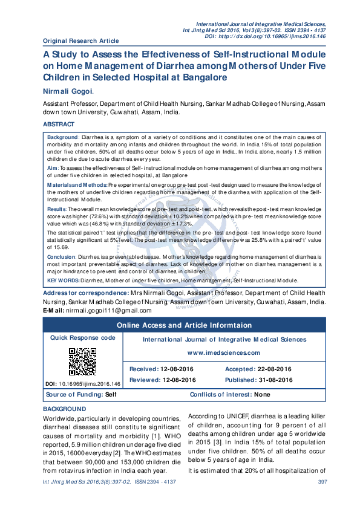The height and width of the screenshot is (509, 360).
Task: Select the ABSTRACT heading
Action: pyautogui.click(x=60, y=124)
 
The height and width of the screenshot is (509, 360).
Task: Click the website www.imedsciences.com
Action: pyautogui.click(x=223, y=353)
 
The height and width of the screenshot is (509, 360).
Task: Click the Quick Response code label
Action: pyautogui.click(x=82, y=337)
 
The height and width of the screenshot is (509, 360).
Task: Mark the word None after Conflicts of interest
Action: pyautogui.click(x=262, y=394)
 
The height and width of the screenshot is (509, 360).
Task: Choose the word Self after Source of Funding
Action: pyautogui.click(x=111, y=394)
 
